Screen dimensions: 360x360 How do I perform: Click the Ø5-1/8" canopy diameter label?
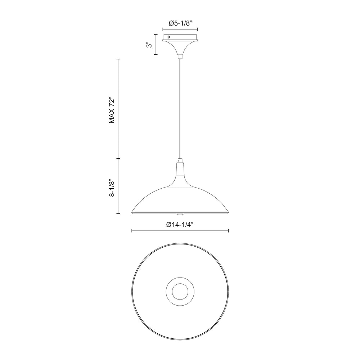(x=180, y=23)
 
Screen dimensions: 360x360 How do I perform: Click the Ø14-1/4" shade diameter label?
(x=180, y=225)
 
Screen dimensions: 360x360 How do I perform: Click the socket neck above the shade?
(x=180, y=173)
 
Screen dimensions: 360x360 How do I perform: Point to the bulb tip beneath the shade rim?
(x=180, y=215)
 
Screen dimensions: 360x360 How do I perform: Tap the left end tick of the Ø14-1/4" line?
(x=132, y=231)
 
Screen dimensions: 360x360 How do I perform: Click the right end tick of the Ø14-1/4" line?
(x=229, y=231)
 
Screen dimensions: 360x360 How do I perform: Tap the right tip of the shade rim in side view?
(x=228, y=212)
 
